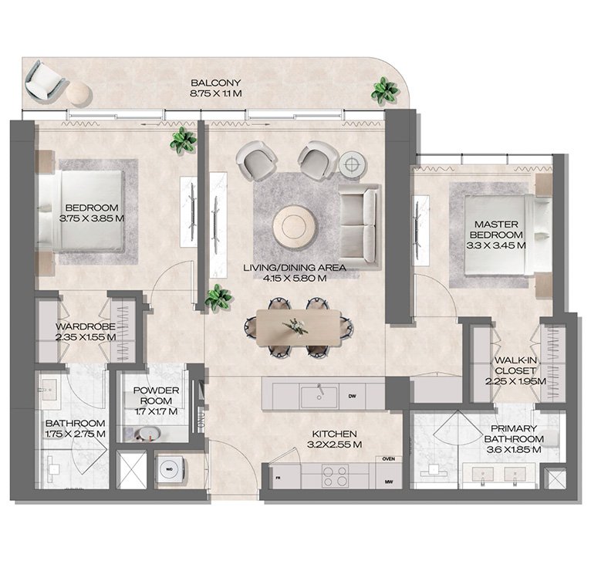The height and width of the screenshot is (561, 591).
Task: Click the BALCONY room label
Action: pyautogui.click(x=217, y=83)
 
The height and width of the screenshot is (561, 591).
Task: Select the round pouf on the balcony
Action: pyautogui.click(x=78, y=93)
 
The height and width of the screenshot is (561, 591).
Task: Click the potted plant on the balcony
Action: pyautogui.click(x=384, y=91)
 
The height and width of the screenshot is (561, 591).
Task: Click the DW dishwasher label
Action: pyautogui.click(x=352, y=397)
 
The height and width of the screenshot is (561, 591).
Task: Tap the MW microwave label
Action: pyautogui.click(x=388, y=484)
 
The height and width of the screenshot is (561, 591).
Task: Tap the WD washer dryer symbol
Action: pyautogui.click(x=169, y=468)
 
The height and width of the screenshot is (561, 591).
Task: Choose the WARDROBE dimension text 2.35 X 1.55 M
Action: pyautogui.click(x=86, y=337)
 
